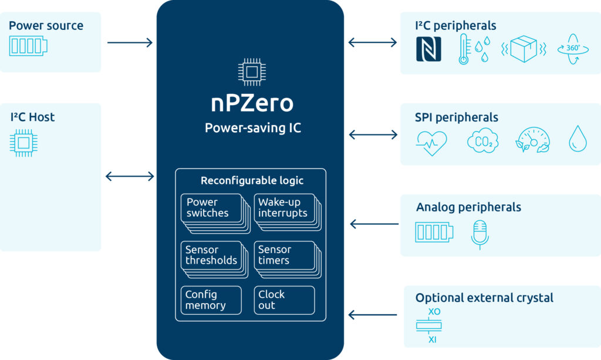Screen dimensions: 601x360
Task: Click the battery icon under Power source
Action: [x=28, y=46]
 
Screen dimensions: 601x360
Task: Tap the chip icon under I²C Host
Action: [x=23, y=143]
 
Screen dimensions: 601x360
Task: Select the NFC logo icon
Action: [x=428, y=49]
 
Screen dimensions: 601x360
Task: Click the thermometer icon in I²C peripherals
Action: [x=464, y=49]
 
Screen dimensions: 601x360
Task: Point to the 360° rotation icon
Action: [x=573, y=49]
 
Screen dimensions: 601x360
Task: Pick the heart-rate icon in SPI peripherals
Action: [x=431, y=143]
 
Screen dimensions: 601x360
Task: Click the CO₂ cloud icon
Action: [x=482, y=141]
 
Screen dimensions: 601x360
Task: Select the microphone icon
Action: [x=480, y=235]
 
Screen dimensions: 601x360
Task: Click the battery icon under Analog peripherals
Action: [x=434, y=232]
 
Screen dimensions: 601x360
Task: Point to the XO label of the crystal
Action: [x=434, y=312]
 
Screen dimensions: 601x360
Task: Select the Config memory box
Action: [x=211, y=300]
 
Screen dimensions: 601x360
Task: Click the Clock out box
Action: [x=284, y=300]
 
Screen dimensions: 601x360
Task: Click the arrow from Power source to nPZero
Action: [x=130, y=42]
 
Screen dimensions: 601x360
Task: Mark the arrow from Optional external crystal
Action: [x=373, y=315]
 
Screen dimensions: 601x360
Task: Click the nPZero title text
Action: [x=252, y=103]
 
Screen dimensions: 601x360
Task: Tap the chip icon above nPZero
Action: [x=252, y=72]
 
